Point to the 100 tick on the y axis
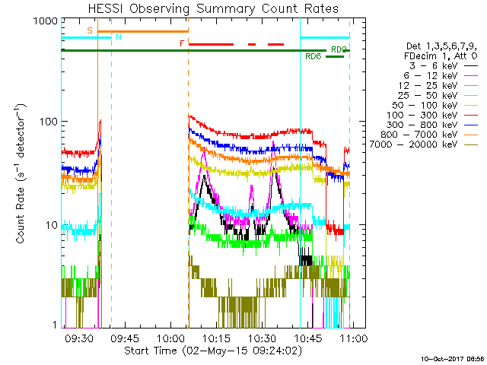click(x=47, y=121)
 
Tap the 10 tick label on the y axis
click(x=50, y=224)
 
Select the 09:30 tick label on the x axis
click(x=79, y=338)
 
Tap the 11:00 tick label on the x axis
click(x=353, y=338)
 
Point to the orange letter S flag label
click(x=90, y=30)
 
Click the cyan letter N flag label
click(x=117, y=36)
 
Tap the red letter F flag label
click(x=181, y=43)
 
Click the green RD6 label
click(x=313, y=56)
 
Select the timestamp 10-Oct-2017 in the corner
click(x=443, y=357)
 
